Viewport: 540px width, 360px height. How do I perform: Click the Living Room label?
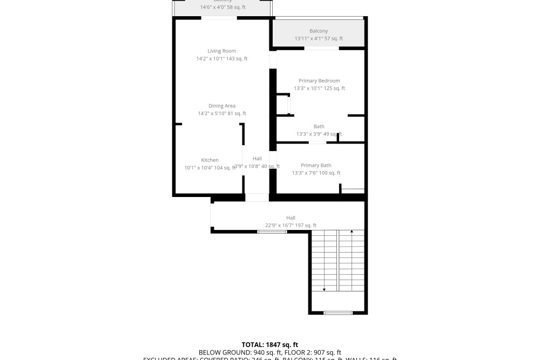coord(221,51)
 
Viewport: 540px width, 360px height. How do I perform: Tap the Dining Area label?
coord(221,106)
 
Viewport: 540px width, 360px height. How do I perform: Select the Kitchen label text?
coord(210,160)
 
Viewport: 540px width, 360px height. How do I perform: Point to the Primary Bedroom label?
coord(319,81)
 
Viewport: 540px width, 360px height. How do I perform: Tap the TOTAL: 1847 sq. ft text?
coord(269,345)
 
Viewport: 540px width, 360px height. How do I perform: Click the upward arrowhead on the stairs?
coord(352,232)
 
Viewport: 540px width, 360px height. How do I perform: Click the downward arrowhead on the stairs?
coord(324,290)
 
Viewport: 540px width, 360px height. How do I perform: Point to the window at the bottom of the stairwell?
coord(338,313)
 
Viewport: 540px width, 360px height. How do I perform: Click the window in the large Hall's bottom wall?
coord(272,232)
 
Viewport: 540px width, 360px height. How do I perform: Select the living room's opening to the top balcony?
coord(219,18)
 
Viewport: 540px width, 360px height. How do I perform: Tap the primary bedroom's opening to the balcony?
coord(321,49)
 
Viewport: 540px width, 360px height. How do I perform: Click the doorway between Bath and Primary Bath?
coord(318,142)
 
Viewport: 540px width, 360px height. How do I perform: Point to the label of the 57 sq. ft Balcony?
coord(319,31)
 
